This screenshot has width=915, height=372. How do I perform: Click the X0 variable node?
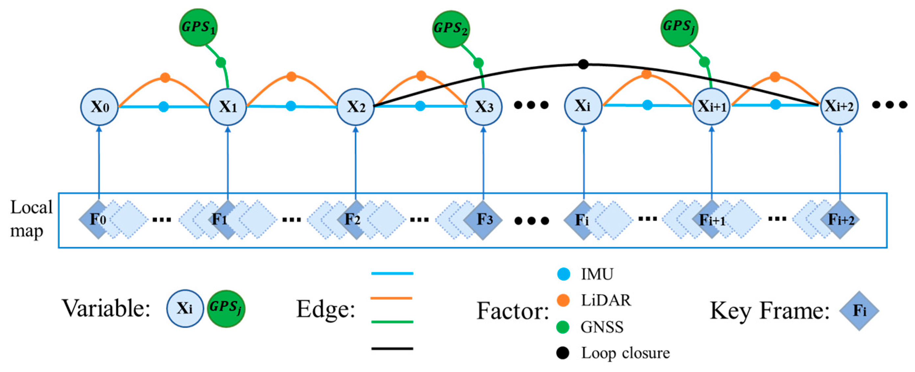click(x=99, y=107)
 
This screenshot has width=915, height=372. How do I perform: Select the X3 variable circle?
click(x=483, y=107)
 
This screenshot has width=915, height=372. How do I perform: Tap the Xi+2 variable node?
click(x=839, y=106)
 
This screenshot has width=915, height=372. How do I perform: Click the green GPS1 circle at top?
click(x=198, y=27)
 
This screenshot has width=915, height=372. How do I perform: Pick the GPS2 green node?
click(x=451, y=28)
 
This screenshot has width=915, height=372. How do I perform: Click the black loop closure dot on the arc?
click(x=583, y=64)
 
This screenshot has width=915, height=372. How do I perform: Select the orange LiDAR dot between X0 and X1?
click(x=165, y=77)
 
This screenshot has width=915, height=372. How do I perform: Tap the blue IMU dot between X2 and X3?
click(x=420, y=106)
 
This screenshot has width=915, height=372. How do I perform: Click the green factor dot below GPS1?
click(x=221, y=62)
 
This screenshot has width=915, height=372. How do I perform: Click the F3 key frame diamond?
click(x=483, y=220)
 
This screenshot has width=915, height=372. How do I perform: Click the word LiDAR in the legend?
click(x=606, y=300)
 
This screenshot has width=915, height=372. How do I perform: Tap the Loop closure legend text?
click(x=625, y=353)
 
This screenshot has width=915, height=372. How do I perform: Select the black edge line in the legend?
click(x=392, y=349)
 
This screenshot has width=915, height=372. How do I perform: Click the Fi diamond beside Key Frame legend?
click(x=859, y=311)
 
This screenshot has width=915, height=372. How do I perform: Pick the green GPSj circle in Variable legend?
click(x=226, y=308)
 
